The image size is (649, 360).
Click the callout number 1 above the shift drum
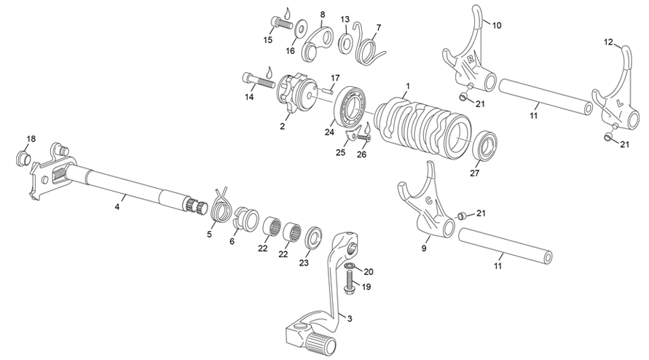(x=409, y=86)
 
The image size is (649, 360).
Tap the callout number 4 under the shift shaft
(x=117, y=207)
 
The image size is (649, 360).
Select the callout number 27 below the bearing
(x=475, y=173)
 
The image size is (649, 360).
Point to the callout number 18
(x=31, y=138)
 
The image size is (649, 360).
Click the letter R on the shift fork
(x=471, y=59)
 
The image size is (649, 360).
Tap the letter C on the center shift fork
(x=428, y=199)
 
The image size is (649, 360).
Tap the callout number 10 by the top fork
(x=497, y=26)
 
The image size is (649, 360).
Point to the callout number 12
(x=608, y=43)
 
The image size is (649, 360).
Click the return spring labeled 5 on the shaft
(x=220, y=206)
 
